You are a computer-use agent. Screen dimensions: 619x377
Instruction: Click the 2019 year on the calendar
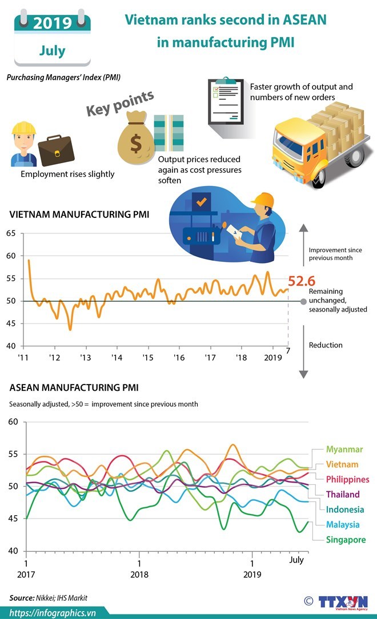[x=52, y=23]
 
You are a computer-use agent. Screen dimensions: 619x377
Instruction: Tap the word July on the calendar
[x=52, y=51]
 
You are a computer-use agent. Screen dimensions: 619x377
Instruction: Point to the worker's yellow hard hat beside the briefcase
[x=23, y=128]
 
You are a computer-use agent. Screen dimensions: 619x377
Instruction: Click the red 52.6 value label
[x=302, y=281]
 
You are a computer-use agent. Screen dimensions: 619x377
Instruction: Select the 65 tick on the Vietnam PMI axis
[x=11, y=233]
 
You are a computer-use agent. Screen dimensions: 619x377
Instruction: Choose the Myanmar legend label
[x=344, y=450]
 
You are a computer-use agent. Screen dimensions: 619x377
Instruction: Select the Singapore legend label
[x=345, y=540]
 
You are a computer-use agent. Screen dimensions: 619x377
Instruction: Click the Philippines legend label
[x=348, y=479]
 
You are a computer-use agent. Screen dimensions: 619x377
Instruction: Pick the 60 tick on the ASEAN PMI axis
[x=14, y=422]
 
